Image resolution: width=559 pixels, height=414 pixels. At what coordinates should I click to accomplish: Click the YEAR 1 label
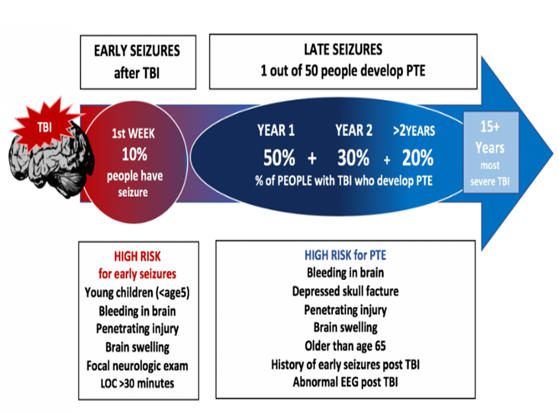(276, 130)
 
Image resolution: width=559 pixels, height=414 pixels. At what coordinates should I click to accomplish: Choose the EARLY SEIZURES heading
(136, 51)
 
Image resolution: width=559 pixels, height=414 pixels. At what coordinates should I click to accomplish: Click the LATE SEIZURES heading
(344, 50)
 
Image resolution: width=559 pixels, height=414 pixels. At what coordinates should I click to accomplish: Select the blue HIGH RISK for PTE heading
(345, 254)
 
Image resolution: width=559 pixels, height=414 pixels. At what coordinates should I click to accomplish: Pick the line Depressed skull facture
(345, 291)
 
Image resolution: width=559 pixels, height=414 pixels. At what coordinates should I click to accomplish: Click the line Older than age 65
(345, 345)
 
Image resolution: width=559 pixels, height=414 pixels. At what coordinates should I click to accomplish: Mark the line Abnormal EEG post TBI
(345, 382)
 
